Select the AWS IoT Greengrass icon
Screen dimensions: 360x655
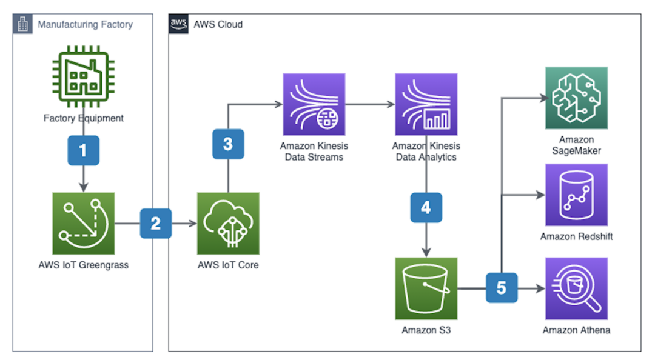click(x=83, y=223)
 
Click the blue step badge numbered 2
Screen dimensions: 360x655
click(x=156, y=223)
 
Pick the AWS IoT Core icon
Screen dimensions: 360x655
click(x=228, y=223)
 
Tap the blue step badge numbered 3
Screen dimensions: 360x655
click(x=228, y=144)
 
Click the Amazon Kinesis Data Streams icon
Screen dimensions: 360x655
click(x=314, y=104)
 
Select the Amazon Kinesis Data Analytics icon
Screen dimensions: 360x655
click(x=426, y=104)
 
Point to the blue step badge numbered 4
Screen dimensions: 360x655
click(x=426, y=207)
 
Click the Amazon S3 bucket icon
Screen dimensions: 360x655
click(x=426, y=288)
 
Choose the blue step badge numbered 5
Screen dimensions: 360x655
click(x=502, y=287)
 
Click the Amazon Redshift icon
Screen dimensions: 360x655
click(x=576, y=195)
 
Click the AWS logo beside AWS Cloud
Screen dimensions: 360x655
click(x=178, y=24)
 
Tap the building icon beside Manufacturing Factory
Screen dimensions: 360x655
click(x=22, y=24)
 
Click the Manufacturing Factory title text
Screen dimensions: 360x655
click(x=85, y=25)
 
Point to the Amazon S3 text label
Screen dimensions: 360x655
click(x=426, y=330)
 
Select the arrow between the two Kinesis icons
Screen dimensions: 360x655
click(x=370, y=104)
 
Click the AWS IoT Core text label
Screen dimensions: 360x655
click(x=228, y=265)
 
